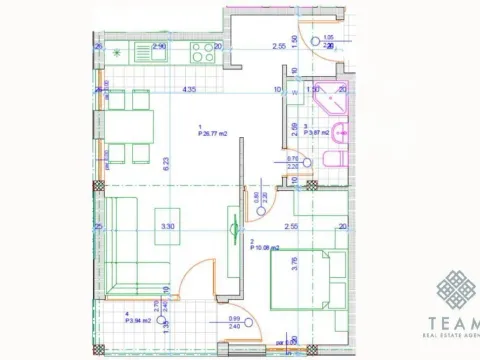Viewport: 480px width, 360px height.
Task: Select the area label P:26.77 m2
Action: tap(214, 130)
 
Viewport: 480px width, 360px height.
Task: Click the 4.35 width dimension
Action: tap(188, 90)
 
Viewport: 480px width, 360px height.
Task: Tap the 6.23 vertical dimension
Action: tap(180, 162)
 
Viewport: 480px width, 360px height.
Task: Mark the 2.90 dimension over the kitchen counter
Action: tap(159, 46)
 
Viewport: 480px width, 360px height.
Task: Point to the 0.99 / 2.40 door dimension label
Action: tap(234, 322)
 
